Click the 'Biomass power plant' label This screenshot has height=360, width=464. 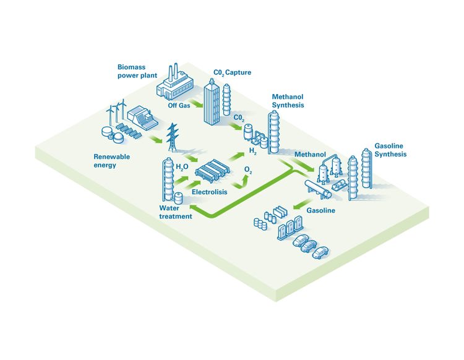(x=138, y=71)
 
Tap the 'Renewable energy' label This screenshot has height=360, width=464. (x=112, y=161)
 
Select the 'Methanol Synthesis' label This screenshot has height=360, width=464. (x=288, y=101)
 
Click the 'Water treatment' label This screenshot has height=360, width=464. (x=176, y=212)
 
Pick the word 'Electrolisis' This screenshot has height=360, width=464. (x=209, y=192)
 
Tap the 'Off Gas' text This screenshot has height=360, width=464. (x=178, y=106)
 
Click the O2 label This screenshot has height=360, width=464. (x=249, y=169)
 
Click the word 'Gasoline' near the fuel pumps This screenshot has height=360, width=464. (x=321, y=211)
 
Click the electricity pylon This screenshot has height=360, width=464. (x=171, y=139)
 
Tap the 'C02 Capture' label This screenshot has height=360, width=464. (x=232, y=73)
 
